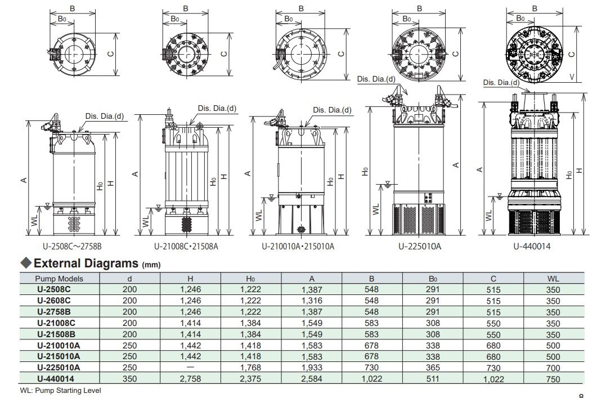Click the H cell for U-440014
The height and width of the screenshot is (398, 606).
(190, 379)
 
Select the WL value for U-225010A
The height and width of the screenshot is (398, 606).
(553, 367)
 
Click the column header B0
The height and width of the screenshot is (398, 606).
(432, 278)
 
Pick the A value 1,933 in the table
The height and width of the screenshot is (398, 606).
(312, 367)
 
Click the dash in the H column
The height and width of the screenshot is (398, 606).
(190, 367)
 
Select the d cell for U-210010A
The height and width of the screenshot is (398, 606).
(129, 345)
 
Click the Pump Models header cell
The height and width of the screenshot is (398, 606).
(59, 278)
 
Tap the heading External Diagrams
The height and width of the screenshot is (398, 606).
(86, 263)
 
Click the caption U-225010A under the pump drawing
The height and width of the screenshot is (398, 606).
(420, 246)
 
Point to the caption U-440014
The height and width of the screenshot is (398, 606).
(531, 246)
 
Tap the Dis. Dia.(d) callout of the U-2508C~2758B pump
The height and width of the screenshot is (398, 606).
(105, 117)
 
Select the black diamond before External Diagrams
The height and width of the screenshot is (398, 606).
(25, 263)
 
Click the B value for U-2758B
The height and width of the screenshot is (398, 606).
(371, 312)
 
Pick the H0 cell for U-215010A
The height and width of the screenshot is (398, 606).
(251, 356)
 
